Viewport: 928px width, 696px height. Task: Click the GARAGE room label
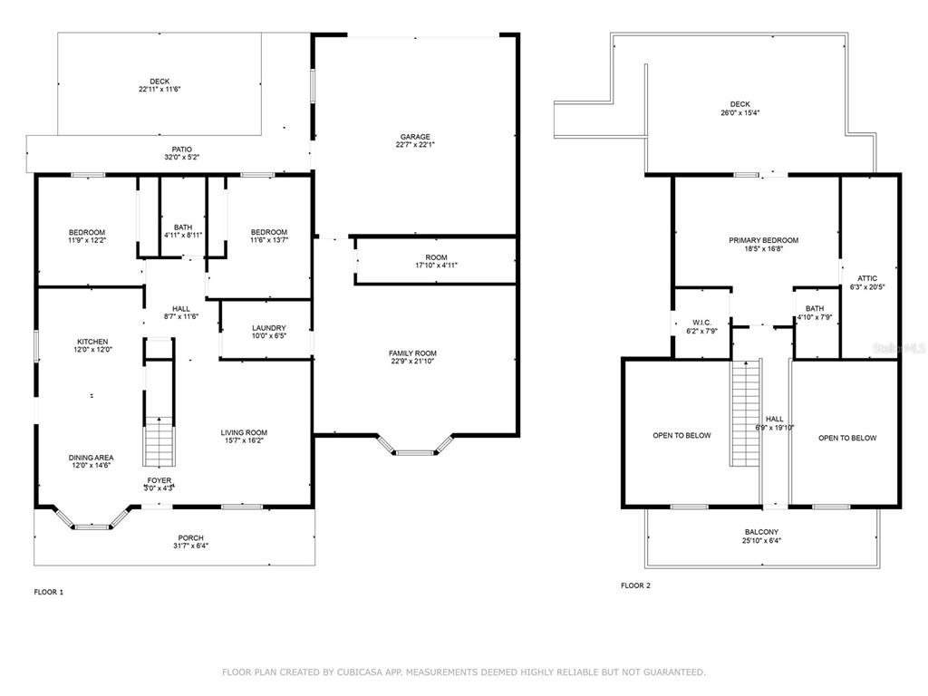pyautogui.click(x=415, y=137)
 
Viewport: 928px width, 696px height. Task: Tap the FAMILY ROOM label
pyautogui.click(x=412, y=353)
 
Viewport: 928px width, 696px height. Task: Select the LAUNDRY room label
pyautogui.click(x=268, y=328)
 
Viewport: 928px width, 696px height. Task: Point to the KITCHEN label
pyautogui.click(x=93, y=342)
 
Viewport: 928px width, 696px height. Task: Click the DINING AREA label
pyautogui.click(x=92, y=458)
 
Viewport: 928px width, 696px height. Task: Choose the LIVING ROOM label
pyautogui.click(x=244, y=432)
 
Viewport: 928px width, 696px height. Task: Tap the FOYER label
pyautogui.click(x=159, y=480)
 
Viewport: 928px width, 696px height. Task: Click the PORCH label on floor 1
pyautogui.click(x=190, y=538)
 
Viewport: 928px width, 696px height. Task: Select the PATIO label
pyautogui.click(x=181, y=150)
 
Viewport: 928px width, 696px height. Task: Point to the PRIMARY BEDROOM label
pyautogui.click(x=763, y=240)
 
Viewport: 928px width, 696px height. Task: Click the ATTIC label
pyautogui.click(x=867, y=278)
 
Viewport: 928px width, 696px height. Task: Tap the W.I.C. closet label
pyautogui.click(x=701, y=323)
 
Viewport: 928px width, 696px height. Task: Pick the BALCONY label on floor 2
pyautogui.click(x=761, y=532)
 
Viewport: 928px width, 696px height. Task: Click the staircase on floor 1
pyautogui.click(x=159, y=441)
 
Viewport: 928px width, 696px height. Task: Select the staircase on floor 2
pyautogui.click(x=745, y=412)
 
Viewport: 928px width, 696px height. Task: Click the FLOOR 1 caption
pyautogui.click(x=49, y=592)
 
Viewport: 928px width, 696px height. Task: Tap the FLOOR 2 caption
pyautogui.click(x=635, y=585)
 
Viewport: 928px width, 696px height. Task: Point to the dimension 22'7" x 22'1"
pyautogui.click(x=415, y=144)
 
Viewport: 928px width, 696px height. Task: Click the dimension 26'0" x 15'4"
pyautogui.click(x=739, y=112)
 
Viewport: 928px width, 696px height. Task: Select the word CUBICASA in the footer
pyautogui.click(x=362, y=672)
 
